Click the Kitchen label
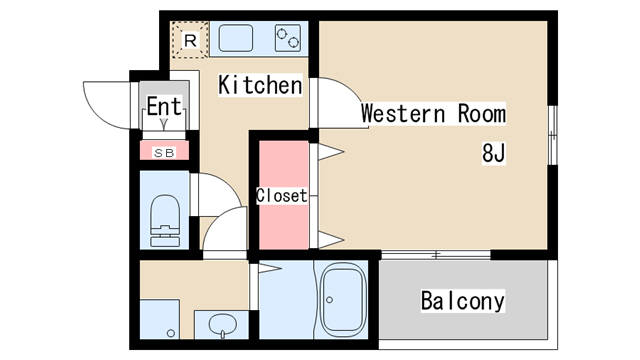[x=260, y=85]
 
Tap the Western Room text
[x=433, y=113]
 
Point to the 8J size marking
[x=494, y=153]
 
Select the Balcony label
[x=463, y=301]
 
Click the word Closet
[x=282, y=196]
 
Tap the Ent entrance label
[x=164, y=106]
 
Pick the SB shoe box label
[x=164, y=153]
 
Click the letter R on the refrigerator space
[x=190, y=40]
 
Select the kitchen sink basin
[x=236, y=38]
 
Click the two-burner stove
[x=288, y=38]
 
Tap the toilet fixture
[x=165, y=220]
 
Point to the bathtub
[x=342, y=300]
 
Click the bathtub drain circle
[x=329, y=300]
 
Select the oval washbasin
[x=222, y=325]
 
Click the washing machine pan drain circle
[x=171, y=333]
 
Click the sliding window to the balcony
[x=436, y=255]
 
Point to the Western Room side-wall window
[x=552, y=135]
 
